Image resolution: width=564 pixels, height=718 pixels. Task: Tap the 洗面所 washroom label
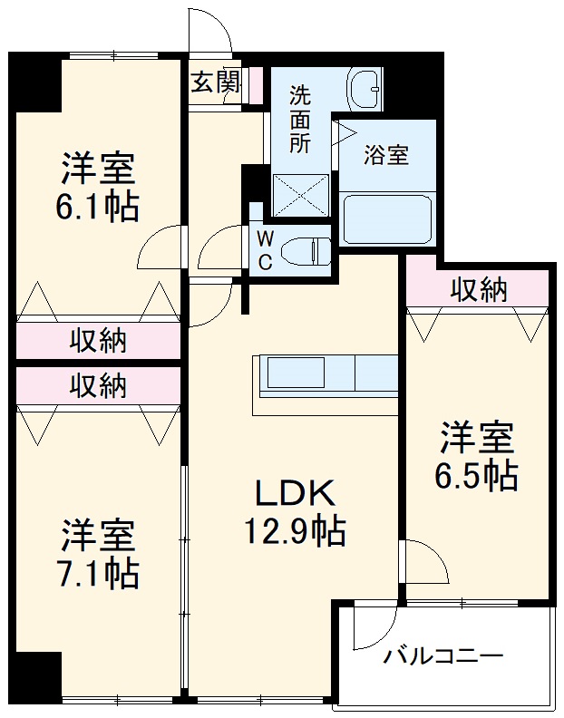(300, 118)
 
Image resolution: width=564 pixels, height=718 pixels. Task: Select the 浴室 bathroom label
(386, 154)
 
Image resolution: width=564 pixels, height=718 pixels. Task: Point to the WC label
(264, 250)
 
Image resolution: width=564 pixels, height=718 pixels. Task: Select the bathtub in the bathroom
(387, 218)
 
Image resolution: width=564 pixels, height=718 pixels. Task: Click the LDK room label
(295, 494)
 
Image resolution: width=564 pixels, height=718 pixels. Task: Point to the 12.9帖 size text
(294, 532)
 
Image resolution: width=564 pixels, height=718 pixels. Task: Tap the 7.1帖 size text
(100, 574)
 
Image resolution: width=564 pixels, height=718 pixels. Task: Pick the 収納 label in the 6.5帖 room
(479, 291)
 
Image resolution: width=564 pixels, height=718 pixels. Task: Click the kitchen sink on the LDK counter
(295, 373)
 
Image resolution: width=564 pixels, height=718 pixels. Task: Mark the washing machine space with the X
(302, 193)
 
